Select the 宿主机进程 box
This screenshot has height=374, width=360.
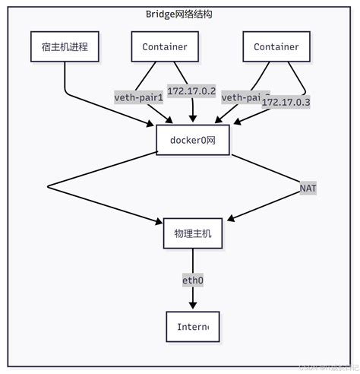click(65, 47)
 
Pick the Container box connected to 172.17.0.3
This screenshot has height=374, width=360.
click(276, 47)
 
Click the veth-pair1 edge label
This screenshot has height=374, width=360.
click(139, 97)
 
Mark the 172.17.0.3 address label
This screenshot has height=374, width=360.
click(287, 101)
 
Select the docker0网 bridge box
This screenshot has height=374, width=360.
click(194, 138)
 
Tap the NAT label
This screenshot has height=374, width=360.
click(308, 187)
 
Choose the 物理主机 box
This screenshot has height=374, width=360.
click(193, 233)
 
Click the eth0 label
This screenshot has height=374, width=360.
click(193, 280)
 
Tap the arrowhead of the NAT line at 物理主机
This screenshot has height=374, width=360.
click(228, 218)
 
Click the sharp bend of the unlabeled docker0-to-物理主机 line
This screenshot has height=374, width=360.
click(47, 185)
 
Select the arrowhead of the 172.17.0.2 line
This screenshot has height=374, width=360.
click(193, 120)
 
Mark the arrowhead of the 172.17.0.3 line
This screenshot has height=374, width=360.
click(220, 120)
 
